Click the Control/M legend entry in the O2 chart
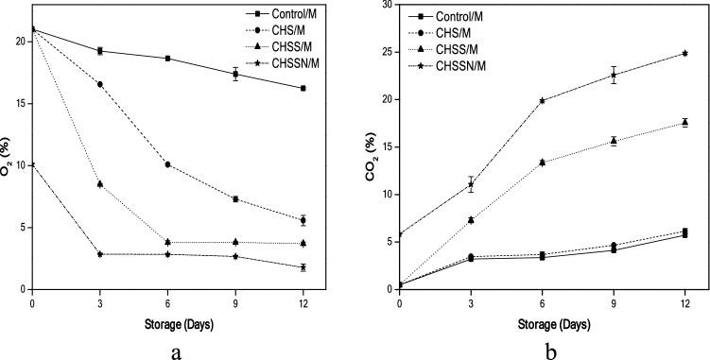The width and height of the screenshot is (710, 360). click(x=294, y=14)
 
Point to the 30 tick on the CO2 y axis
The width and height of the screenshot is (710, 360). click(x=387, y=5)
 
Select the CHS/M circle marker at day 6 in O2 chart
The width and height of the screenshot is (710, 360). click(x=167, y=164)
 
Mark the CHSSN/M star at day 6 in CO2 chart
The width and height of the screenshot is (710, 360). click(x=542, y=100)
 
